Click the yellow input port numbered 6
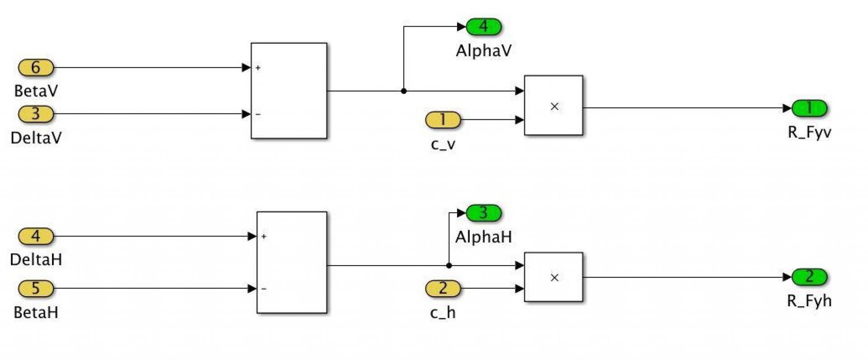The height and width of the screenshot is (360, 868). (x=36, y=68)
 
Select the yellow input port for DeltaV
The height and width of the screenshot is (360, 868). (x=36, y=114)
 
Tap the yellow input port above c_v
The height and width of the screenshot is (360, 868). (x=443, y=120)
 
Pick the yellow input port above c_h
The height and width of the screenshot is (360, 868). (x=443, y=289)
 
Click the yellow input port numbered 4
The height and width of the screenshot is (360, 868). (x=36, y=236)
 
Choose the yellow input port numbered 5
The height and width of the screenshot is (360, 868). (x=36, y=289)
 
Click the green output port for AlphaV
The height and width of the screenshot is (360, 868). (x=484, y=27)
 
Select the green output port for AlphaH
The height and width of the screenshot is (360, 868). (x=484, y=213)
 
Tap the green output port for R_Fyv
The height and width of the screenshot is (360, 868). (x=809, y=109)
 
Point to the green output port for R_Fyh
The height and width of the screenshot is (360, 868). (x=809, y=277)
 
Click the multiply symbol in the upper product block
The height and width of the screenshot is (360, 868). (x=554, y=107)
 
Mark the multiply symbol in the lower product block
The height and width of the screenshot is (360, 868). (x=554, y=278)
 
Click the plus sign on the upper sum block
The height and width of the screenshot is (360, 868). (x=258, y=68)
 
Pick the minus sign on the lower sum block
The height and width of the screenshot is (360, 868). (x=264, y=289)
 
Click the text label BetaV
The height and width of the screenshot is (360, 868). (x=36, y=91)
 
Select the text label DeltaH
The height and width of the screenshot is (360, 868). (x=36, y=260)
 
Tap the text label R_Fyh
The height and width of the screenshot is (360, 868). (x=809, y=301)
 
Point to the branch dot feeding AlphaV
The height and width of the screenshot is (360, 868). (x=404, y=91)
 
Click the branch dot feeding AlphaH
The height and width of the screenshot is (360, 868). (x=449, y=265)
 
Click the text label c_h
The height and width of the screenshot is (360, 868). (x=443, y=313)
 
